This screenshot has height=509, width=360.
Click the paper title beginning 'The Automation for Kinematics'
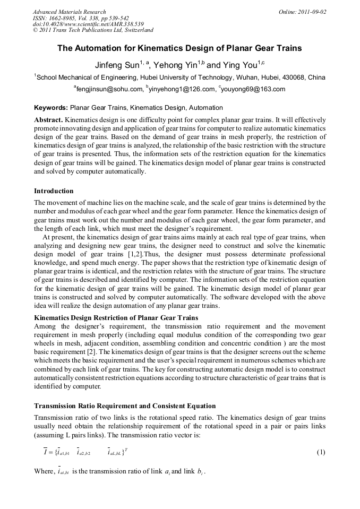coord(179,48)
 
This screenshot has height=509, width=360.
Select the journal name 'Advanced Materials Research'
coord(69,12)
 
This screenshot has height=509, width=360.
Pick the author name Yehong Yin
coord(176,65)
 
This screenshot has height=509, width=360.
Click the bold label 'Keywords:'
coord(50,107)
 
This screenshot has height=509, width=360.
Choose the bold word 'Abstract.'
coord(48,120)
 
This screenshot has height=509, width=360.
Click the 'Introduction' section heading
coord(54,191)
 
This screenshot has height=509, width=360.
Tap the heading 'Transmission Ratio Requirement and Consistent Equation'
coord(125,406)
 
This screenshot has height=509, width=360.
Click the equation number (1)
coord(321,453)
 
